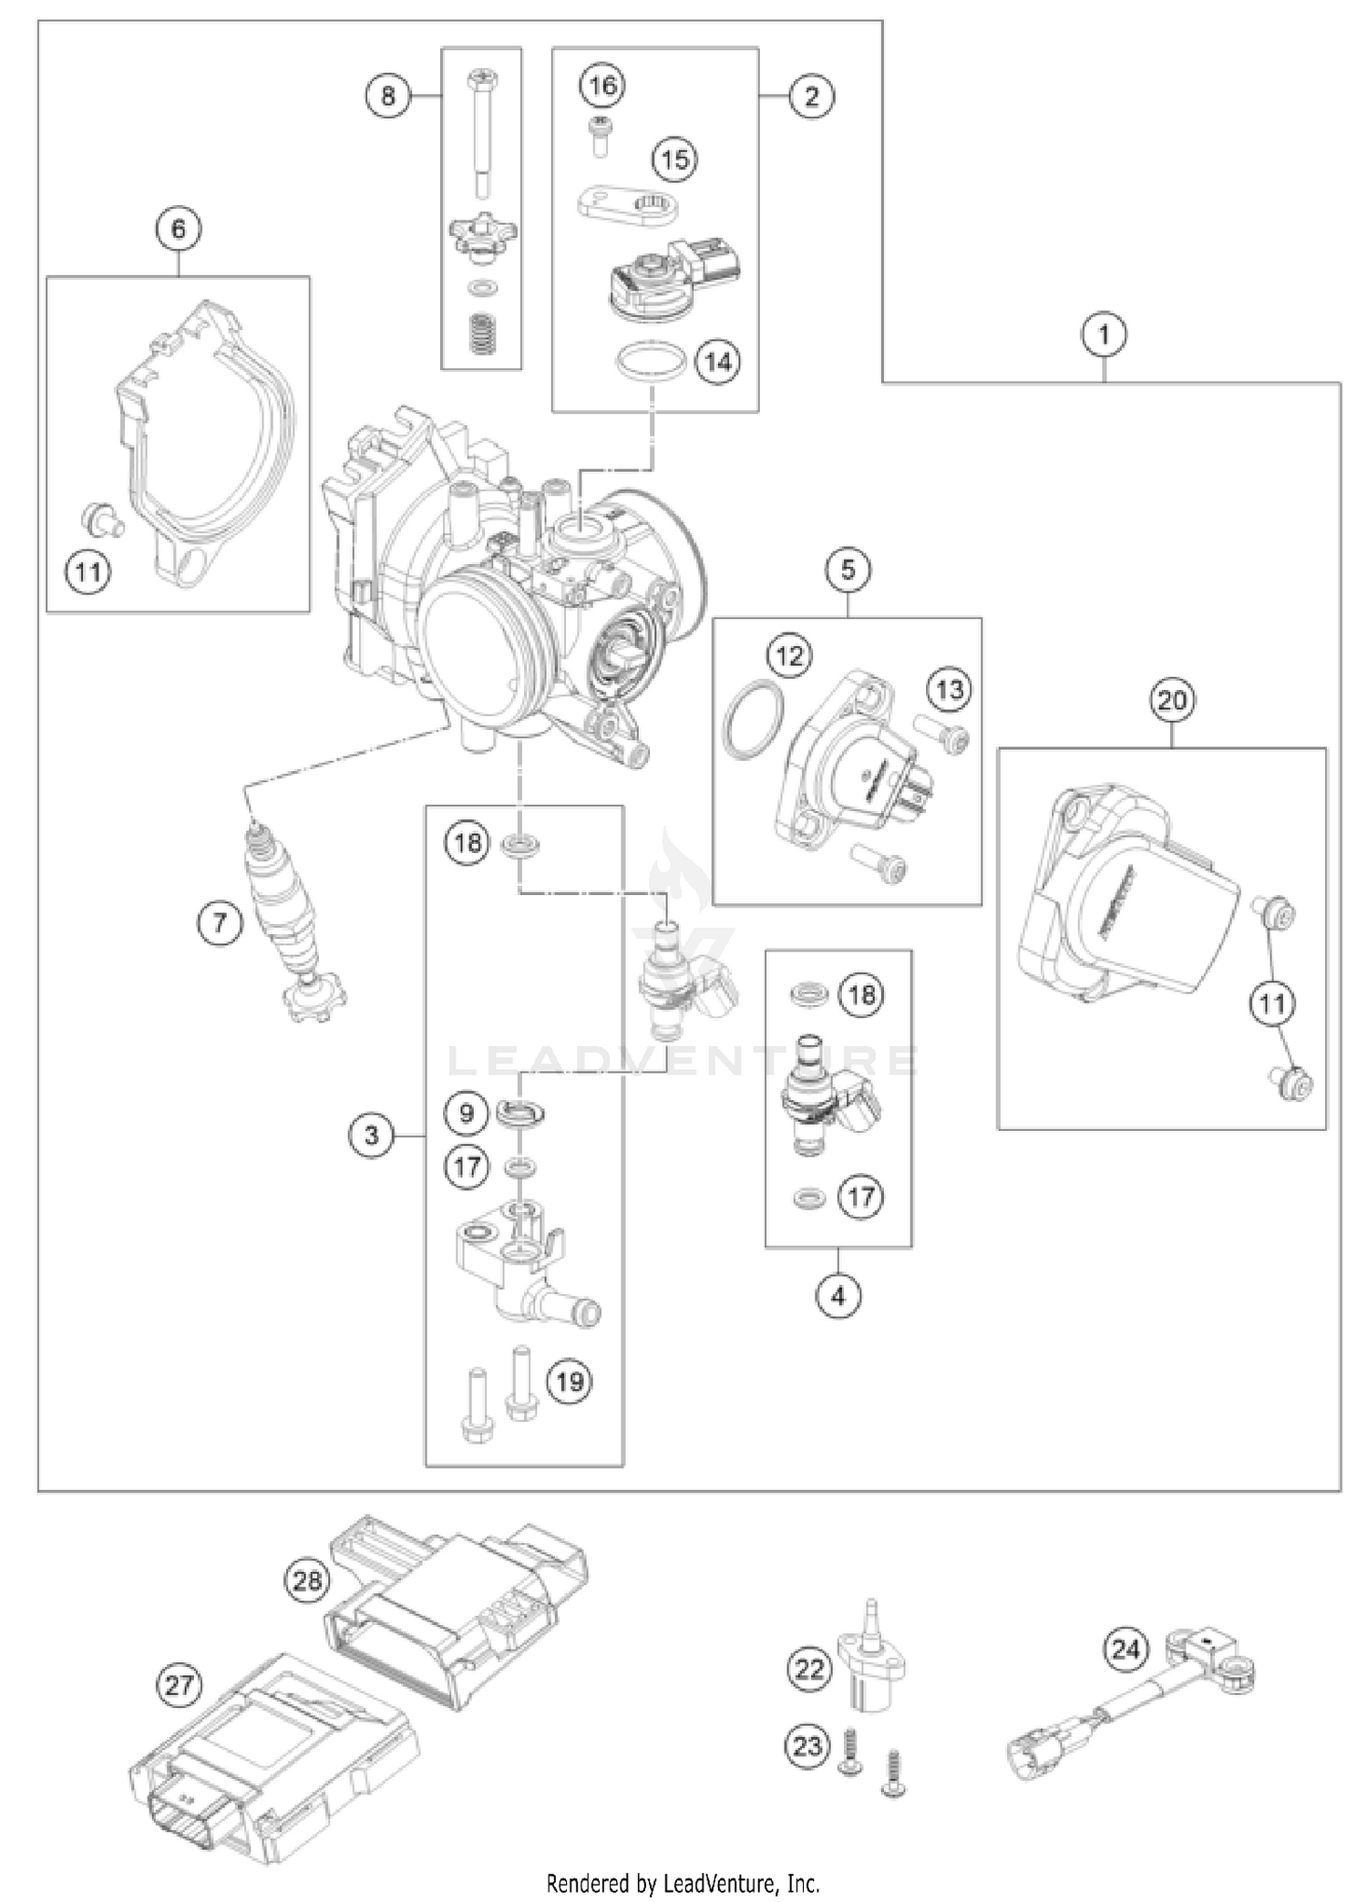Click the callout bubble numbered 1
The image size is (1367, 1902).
click(x=1104, y=334)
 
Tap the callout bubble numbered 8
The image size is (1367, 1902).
click(x=388, y=94)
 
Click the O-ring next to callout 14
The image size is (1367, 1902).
click(x=651, y=364)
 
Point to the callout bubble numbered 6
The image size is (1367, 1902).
click(x=178, y=228)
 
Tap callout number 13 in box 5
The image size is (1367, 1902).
click(x=950, y=689)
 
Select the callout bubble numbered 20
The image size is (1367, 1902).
click(x=1172, y=700)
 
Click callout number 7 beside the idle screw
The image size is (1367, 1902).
click(x=220, y=924)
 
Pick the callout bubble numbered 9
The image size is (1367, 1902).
click(x=467, y=1113)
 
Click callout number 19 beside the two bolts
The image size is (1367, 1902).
click(x=569, y=1382)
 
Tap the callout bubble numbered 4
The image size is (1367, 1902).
click(x=838, y=1294)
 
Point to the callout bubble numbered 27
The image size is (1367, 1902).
click(x=179, y=1684)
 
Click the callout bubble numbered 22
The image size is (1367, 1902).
click(x=809, y=1670)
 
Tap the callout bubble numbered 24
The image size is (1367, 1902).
click(x=1126, y=1650)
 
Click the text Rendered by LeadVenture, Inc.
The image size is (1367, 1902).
click(x=683, y=1876)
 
